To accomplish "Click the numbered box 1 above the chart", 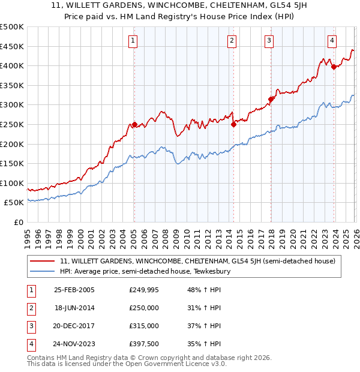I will (x=132, y=41).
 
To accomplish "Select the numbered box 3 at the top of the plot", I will (x=269, y=41).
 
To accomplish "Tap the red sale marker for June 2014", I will (x=233, y=124).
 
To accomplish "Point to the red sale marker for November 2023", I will (x=334, y=67).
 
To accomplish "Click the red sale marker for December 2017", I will (x=271, y=99).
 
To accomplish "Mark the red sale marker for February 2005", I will (x=134, y=124).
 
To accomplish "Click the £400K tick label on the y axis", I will (x=12, y=66).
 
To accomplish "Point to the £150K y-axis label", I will (x=12, y=163).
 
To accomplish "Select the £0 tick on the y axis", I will (x=19, y=222).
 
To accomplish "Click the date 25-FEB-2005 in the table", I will (x=74, y=289).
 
